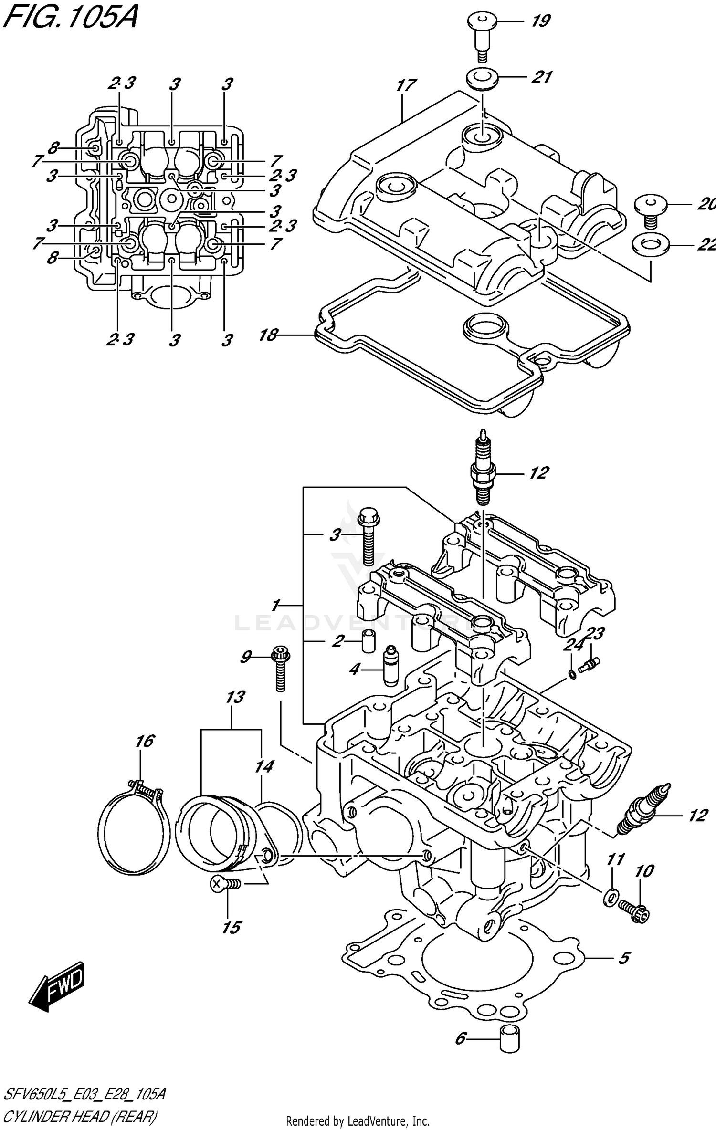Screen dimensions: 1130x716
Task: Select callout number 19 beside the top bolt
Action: pos(541,21)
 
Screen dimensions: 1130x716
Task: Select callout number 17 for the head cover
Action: pos(406,86)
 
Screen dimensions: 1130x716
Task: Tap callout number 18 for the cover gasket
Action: pos(268,335)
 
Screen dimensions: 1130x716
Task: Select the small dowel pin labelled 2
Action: pos(367,642)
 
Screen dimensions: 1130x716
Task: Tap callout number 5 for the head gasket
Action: pos(623,958)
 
